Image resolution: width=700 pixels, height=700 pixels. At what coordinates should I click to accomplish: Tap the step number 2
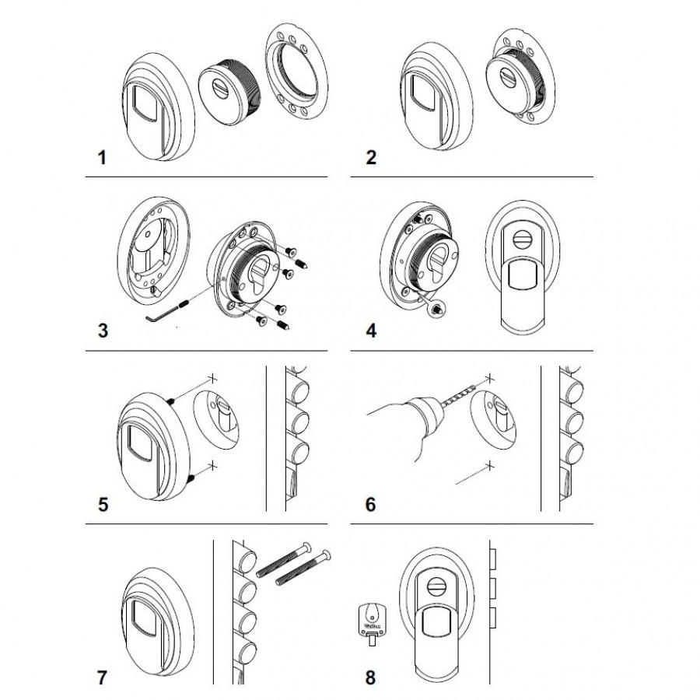(371, 158)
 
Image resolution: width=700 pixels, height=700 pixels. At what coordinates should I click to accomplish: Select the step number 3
(102, 330)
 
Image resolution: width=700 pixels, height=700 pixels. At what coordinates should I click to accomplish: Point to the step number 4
(371, 330)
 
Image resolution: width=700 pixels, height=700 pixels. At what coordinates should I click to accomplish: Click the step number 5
(102, 503)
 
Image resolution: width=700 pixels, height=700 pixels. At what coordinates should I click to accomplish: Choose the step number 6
(371, 503)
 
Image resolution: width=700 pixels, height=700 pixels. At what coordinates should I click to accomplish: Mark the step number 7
(102, 676)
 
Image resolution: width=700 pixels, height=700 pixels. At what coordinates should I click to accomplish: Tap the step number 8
(371, 676)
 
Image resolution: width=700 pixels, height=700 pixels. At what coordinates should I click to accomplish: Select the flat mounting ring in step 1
(296, 76)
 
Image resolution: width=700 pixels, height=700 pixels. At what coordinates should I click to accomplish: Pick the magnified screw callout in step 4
(436, 309)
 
